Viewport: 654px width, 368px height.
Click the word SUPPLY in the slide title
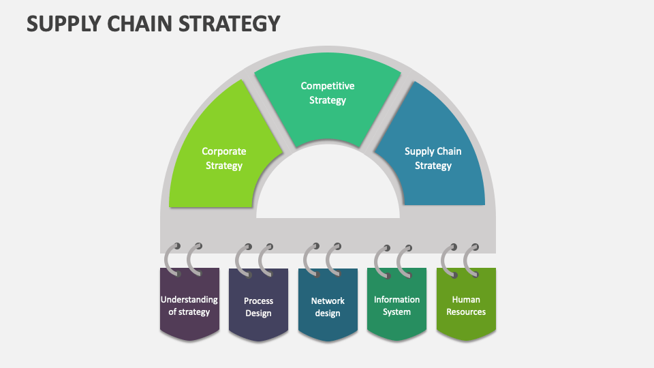tap(65, 24)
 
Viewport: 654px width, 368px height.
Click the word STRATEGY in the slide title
tap(230, 24)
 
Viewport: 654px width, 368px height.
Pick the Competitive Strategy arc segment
tap(328, 96)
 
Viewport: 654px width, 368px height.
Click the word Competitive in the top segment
tap(328, 86)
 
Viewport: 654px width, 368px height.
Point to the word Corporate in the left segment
tap(224, 151)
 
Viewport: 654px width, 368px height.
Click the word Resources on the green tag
tap(466, 312)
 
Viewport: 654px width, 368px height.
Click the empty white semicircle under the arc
tap(328, 188)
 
